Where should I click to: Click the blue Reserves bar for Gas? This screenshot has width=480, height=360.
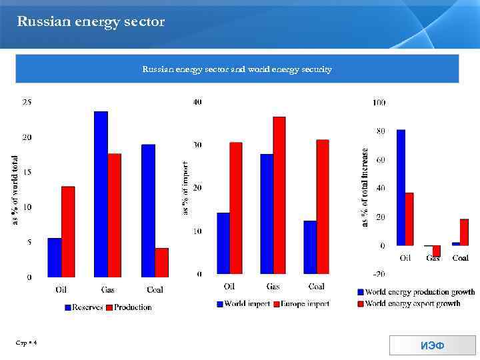point(101,194)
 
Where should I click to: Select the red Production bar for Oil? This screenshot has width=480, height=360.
point(68,231)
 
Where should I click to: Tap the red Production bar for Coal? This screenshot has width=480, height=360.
point(161,262)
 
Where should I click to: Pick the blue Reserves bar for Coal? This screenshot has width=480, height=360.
point(148,211)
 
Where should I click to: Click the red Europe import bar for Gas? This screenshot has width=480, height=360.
point(279,195)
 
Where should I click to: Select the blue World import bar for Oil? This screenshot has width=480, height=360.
point(223,243)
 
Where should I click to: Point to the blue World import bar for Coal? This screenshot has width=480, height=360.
point(310,247)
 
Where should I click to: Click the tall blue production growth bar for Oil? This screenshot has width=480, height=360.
point(401,187)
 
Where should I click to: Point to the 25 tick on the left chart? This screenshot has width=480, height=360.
point(27,103)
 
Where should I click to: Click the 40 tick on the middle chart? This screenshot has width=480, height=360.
point(197,102)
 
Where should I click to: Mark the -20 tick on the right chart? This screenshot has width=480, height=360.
point(378,274)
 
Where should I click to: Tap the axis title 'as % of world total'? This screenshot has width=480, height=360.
point(15,190)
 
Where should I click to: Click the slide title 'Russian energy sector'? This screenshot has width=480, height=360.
point(91,22)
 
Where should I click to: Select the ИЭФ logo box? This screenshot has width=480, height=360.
point(433,345)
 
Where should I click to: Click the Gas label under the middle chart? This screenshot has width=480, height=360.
point(273,287)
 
